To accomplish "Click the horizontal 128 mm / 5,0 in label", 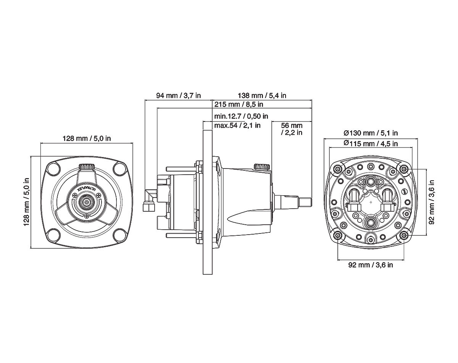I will tap(87, 139).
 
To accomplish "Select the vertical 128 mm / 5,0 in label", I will tap(27, 201).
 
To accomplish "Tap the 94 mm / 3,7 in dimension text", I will tap(178, 96).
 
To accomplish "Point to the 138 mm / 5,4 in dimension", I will tap(262, 96).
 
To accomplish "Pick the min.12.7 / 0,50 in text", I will tap(241, 116).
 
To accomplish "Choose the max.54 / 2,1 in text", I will tap(237, 125).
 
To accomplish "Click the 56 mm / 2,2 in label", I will tap(292, 129).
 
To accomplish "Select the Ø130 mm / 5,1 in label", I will tap(371, 133).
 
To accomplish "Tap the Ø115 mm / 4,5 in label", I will tap(371, 143).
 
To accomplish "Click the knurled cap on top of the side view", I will tap(262, 167).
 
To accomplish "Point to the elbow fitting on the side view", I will tap(148, 202).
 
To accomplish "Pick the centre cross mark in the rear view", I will tap(371, 201).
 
